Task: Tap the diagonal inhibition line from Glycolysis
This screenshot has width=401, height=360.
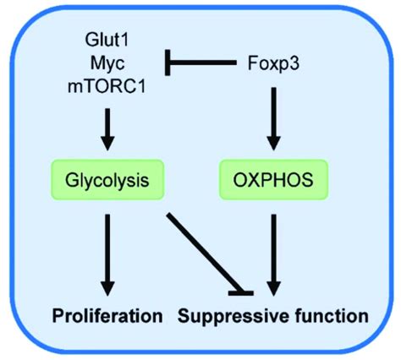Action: pyautogui.click(x=199, y=249)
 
